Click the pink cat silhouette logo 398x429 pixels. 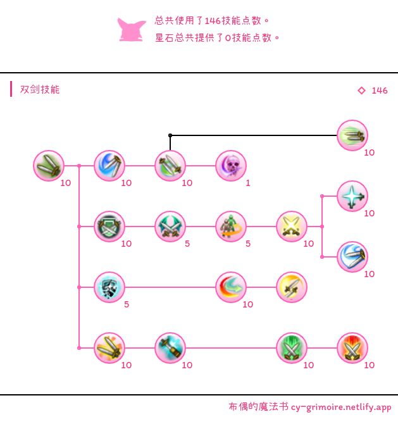[131, 30]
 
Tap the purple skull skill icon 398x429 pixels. [231, 166]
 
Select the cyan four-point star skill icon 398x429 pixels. [352, 196]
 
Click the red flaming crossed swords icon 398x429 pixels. [352, 348]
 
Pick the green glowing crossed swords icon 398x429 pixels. [292, 348]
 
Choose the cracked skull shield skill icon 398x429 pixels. [109, 287]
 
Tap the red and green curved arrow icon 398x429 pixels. [231, 287]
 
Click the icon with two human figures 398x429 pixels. [231, 227]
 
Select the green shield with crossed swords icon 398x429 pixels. [109, 227]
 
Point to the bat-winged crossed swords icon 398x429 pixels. [170, 227]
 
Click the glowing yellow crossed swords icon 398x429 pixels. [292, 227]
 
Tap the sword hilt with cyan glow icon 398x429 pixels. [170, 348]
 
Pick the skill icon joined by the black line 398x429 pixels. [352, 135]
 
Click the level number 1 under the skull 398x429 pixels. [248, 183]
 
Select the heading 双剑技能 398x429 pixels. [40, 89]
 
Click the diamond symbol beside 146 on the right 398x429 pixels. [361, 90]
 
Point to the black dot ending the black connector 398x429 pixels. [170, 135]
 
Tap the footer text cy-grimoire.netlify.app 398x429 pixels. [341, 407]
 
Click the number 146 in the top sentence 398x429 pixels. [213, 21]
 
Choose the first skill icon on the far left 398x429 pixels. [49, 166]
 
